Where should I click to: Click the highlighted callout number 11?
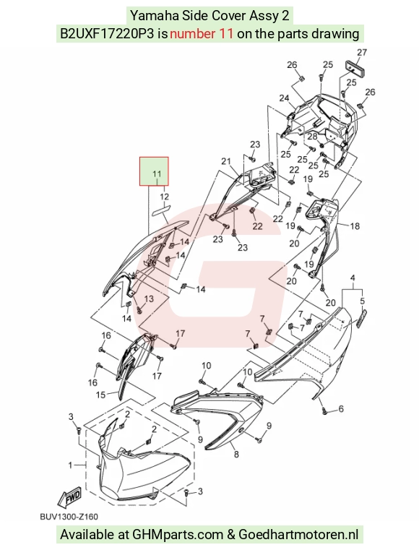[157, 174]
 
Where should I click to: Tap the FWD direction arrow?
[70, 497]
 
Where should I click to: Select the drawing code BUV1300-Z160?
[69, 517]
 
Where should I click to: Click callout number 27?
[362, 52]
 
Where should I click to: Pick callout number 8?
[341, 408]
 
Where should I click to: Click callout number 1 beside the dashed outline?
[70, 465]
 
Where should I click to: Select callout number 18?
[355, 226]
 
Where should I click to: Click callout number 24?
[284, 98]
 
